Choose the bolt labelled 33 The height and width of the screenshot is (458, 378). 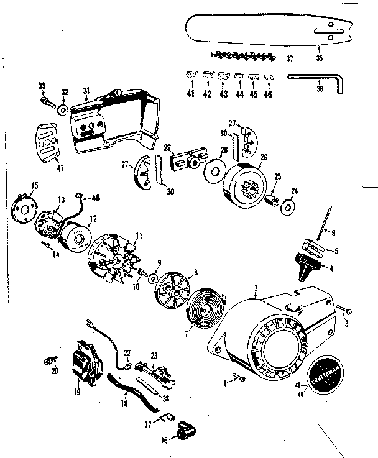pyautogui.click(x=47, y=98)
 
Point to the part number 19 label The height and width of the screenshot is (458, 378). pyautogui.click(x=78, y=393)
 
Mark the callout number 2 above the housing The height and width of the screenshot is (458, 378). pyautogui.click(x=255, y=287)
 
